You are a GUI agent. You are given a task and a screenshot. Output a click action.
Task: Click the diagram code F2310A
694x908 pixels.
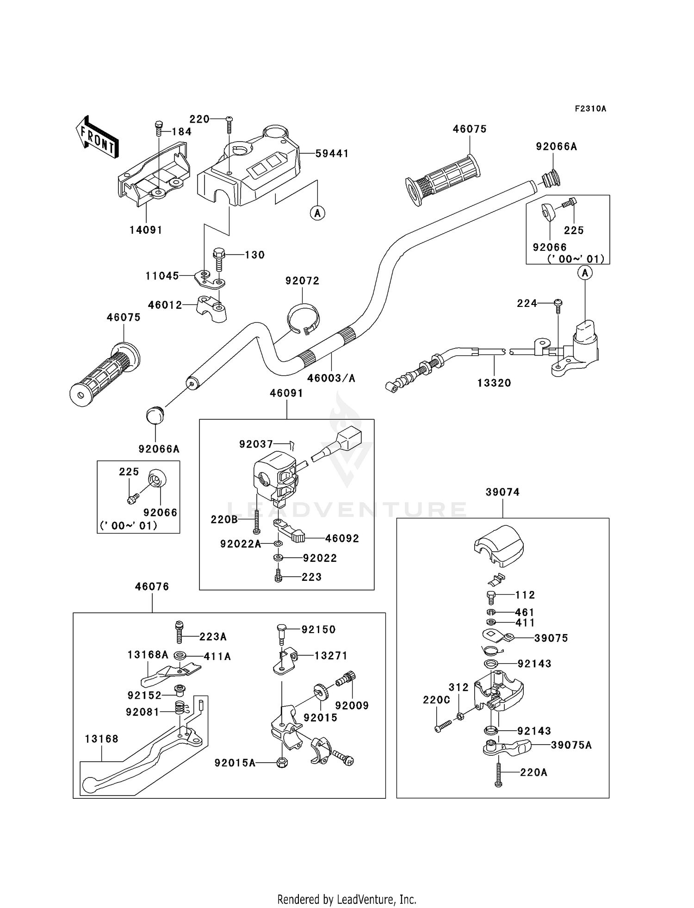[590, 109]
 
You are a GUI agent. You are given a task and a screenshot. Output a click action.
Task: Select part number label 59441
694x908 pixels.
[332, 153]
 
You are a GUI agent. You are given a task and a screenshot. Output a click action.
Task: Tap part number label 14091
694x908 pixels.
[146, 230]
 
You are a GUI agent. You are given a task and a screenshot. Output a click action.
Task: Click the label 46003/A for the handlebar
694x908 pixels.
[331, 378]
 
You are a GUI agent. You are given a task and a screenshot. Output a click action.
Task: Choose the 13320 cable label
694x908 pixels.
[494, 383]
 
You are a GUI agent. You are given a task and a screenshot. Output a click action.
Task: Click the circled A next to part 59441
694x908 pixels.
[317, 213]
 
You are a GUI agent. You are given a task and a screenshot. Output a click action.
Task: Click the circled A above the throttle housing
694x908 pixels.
[585, 273]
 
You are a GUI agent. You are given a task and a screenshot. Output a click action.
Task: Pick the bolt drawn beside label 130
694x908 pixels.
[219, 259]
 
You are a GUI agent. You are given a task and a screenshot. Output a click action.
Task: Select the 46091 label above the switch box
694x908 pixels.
[286, 393]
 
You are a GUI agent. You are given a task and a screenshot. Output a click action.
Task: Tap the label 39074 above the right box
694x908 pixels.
[502, 492]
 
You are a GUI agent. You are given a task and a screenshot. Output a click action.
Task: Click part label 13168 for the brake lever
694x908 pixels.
[101, 739]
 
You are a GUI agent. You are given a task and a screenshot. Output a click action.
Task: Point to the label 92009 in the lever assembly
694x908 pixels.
[352, 705]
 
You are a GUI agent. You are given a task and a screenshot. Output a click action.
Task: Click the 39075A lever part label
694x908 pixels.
[571, 745]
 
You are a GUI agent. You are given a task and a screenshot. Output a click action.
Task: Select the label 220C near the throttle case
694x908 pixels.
[436, 700]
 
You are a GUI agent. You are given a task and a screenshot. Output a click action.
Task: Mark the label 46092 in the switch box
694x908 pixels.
[342, 538]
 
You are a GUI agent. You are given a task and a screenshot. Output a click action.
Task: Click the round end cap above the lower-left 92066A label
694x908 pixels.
[155, 414]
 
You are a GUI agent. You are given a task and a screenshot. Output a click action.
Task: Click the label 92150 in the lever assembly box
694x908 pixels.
[318, 629]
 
